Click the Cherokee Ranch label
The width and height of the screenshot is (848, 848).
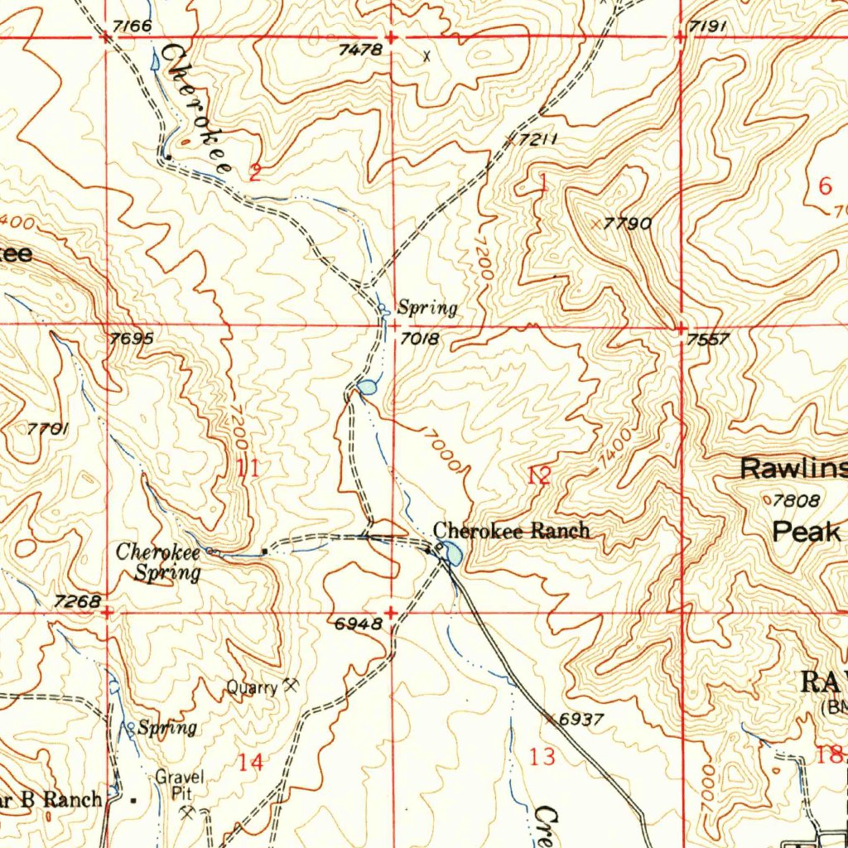(512, 531)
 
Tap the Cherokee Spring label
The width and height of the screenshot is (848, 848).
(158, 561)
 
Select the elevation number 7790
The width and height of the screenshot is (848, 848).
(628, 224)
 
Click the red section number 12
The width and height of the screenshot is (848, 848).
(538, 475)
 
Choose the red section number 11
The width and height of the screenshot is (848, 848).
(248, 469)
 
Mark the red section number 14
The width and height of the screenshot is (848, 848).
(250, 762)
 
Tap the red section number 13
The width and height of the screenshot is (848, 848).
(542, 756)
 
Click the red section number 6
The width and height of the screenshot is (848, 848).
(824, 186)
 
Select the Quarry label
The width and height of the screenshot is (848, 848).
(253, 687)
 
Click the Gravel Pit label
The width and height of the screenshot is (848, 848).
(180, 785)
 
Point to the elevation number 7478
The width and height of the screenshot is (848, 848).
(360, 50)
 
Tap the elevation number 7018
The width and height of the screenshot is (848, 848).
(419, 339)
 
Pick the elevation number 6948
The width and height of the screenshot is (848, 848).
(358, 625)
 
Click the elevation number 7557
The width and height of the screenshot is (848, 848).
(708, 340)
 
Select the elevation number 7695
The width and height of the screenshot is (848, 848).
(131, 339)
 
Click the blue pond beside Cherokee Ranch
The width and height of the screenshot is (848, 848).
(452, 552)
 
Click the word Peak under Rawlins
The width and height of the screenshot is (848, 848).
(806, 532)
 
